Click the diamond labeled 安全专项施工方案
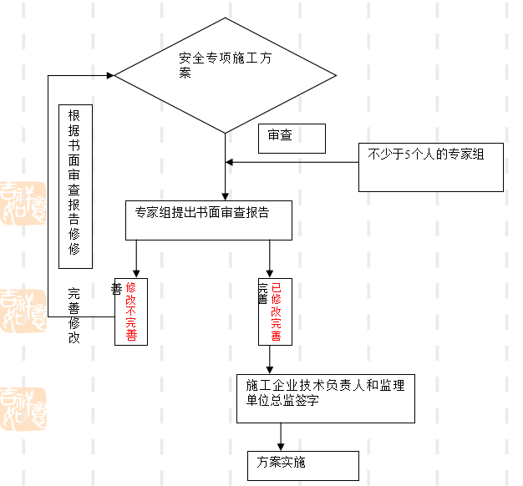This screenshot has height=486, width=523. point(225,75)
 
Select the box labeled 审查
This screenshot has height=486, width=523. point(290,139)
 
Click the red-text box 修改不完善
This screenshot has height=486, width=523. point(131,311)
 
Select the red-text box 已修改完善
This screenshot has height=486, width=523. point(275,311)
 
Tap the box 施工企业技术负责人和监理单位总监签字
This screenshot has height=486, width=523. point(325,398)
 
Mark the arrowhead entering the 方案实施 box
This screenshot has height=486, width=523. point(281,447)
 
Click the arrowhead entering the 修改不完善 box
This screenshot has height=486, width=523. point(136,273)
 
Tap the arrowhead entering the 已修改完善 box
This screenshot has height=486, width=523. point(269,273)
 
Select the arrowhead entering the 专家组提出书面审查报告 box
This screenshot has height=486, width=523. point(225,195)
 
